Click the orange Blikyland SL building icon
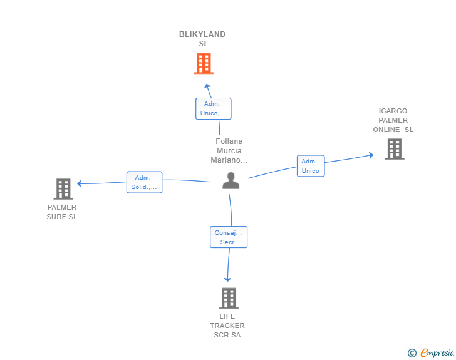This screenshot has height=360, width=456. pos(204,63)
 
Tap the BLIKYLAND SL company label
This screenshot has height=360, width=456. pos(202,39)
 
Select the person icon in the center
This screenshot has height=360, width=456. pos(231,180)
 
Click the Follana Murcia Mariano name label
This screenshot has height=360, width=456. pos(229,151)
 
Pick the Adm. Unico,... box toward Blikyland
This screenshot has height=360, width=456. pos(214,108)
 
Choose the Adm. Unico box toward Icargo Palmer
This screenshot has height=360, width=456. pos(311,166)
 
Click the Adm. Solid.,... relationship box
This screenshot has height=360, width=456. pos(144,182)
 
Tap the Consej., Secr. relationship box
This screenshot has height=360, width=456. pos(229,237)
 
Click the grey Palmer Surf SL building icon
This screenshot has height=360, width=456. pos(63,189)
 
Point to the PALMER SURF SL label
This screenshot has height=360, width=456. pos(62,212)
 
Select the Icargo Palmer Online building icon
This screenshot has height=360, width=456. pos(395,149)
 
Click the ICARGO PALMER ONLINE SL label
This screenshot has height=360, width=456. pos(393,120)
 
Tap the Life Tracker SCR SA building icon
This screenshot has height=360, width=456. pos(229,298)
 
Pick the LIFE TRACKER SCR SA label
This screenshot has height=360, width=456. pos(227,326)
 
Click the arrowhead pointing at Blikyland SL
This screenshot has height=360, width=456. pos(207,86)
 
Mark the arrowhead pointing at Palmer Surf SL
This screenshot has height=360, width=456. pos(79,183)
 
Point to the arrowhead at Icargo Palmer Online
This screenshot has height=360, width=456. pos(371,155)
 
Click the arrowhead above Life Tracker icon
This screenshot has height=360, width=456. pos(228,279)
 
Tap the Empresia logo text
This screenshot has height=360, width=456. pos(437,352)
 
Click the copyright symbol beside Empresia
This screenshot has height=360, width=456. pos(412,353)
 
